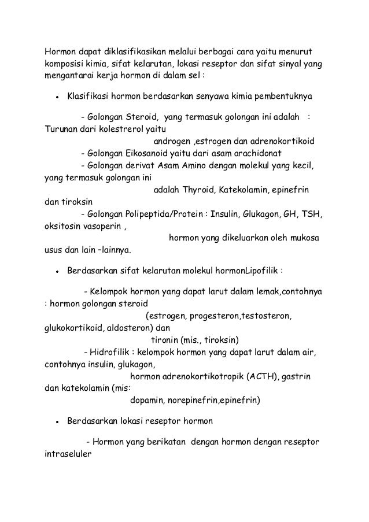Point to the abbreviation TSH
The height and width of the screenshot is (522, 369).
coord(312,214)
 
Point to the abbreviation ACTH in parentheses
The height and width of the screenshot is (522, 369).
coord(261,377)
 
